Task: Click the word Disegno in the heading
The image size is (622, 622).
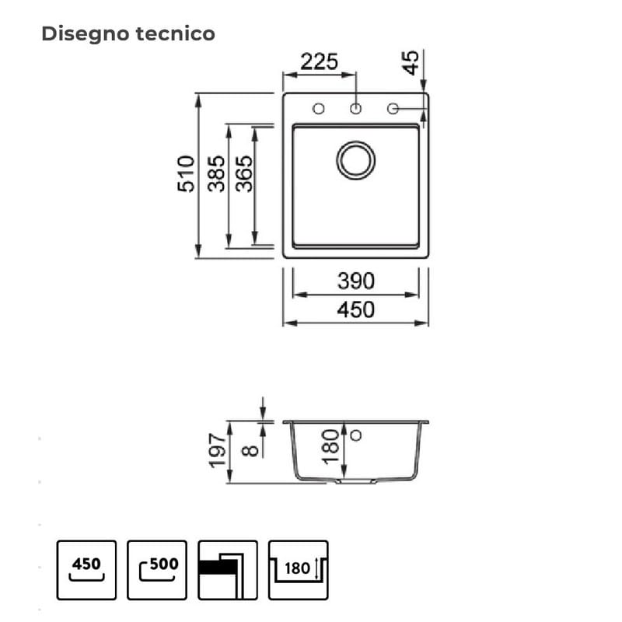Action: (86, 34)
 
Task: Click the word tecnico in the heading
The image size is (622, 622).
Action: (176, 33)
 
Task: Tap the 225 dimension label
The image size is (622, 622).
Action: (320, 62)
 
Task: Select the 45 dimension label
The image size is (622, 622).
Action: (411, 63)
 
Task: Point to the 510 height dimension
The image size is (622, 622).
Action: (186, 174)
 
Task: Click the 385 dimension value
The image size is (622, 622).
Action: (217, 173)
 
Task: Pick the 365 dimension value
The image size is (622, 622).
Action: (243, 173)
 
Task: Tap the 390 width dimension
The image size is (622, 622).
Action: (356, 281)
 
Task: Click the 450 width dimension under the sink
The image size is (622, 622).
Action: (356, 309)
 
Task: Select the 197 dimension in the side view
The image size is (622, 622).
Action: (218, 450)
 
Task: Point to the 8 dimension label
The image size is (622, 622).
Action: (250, 451)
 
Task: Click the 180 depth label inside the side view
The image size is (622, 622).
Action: (330, 446)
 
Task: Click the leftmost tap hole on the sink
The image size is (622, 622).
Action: (319, 108)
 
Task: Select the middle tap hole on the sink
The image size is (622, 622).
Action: (356, 108)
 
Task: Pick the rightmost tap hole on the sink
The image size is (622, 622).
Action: (393, 108)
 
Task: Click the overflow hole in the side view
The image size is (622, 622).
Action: (356, 435)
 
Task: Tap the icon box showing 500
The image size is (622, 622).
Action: (157, 570)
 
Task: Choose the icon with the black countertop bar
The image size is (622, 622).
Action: (228, 570)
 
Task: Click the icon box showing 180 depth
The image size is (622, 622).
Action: (299, 570)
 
